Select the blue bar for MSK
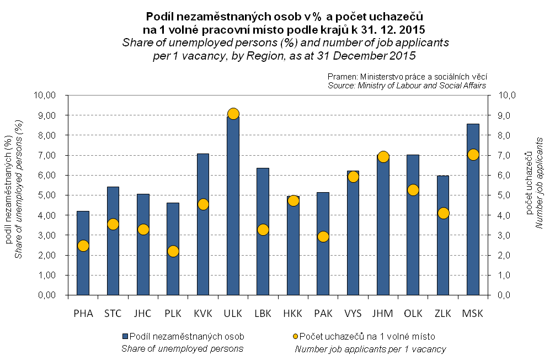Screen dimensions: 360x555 coord(473,221)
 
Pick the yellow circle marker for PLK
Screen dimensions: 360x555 coord(173,251)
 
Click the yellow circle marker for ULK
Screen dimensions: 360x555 coord(233,114)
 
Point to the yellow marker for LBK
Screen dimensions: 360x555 coord(263,230)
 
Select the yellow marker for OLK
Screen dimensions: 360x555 coord(413,190)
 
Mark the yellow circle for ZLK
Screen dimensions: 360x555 coord(443,213)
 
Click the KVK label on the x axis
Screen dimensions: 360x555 coord(203,314)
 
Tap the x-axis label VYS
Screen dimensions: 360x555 coord(353,314)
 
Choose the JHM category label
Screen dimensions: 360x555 coord(383,314)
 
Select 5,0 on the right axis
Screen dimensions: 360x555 coord(506,195)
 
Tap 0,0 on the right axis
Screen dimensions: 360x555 coord(506,295)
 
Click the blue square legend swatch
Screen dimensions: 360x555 coord(125,336)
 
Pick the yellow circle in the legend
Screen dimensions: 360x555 coord(296,336)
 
